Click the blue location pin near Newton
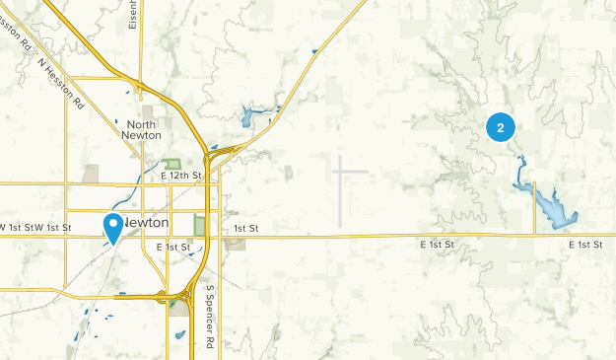pyautogui.click(x=113, y=227)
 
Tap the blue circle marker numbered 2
pyautogui.click(x=501, y=127)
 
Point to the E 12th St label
pyautogui.click(x=180, y=176)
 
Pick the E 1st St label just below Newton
pyautogui.click(x=172, y=247)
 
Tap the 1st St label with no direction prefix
pyautogui.click(x=245, y=229)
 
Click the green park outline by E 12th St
pyautogui.click(x=172, y=164)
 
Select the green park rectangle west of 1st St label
pyautogui.click(x=200, y=226)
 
